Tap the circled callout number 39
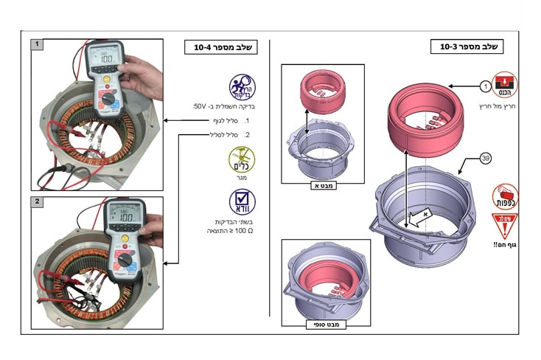click(484, 157)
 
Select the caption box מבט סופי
click(325, 322)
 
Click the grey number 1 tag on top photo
click(36, 44)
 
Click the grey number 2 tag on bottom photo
click(36, 201)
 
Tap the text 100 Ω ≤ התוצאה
click(231, 231)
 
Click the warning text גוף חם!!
click(504, 244)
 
